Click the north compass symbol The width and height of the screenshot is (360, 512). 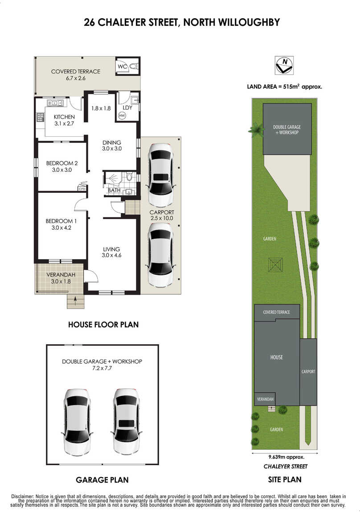tap(284, 65)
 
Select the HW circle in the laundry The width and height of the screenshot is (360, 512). tap(122, 115)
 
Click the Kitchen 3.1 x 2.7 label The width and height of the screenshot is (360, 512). tap(64, 120)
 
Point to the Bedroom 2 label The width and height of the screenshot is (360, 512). tap(62, 163)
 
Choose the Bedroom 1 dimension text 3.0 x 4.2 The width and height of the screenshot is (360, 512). tap(61, 228)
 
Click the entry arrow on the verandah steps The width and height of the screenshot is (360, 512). tap(76, 301)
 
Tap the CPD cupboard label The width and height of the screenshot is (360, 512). tap(82, 189)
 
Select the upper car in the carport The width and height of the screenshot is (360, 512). tap(161, 175)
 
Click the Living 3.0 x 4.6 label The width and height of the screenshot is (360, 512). tap(111, 252)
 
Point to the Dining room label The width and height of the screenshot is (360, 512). tap(112, 142)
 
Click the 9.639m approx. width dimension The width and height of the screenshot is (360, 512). tap(286, 457)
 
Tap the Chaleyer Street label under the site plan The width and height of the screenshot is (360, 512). tap(286, 466)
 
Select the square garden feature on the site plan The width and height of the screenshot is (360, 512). tap(275, 264)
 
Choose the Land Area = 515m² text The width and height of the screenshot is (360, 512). tap(285, 86)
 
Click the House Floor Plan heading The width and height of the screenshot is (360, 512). tap(103, 325)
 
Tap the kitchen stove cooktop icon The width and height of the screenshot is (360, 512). tap(40, 117)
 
